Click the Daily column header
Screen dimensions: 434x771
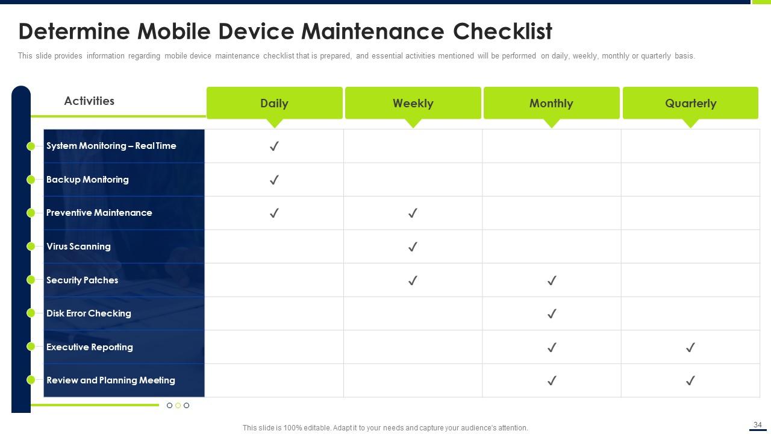coord(274,103)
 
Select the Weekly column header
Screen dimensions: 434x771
coord(413,103)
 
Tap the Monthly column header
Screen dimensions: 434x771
coord(551,103)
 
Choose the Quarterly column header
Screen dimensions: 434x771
coord(690,103)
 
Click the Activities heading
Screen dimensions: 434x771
coord(89,101)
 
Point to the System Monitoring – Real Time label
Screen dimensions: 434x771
coord(111,146)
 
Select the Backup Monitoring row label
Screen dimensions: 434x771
coord(87,180)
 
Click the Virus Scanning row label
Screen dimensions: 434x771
coord(78,247)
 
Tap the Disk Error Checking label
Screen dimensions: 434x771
coord(89,313)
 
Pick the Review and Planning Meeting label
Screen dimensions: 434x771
coord(111,380)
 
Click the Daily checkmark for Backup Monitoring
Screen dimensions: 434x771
coord(274,180)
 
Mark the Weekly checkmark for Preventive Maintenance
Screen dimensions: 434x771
coord(413,213)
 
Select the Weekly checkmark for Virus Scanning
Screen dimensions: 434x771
coord(413,247)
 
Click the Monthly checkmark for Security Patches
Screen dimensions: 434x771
coord(551,280)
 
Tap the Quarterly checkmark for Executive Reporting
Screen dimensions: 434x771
coord(690,347)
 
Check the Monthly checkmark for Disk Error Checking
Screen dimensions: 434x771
coord(551,313)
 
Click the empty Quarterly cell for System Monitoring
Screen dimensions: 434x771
coord(690,146)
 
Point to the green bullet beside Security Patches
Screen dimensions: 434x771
coord(31,280)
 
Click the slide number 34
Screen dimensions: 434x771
coord(757,425)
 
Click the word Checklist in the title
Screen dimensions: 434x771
coord(502,31)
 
